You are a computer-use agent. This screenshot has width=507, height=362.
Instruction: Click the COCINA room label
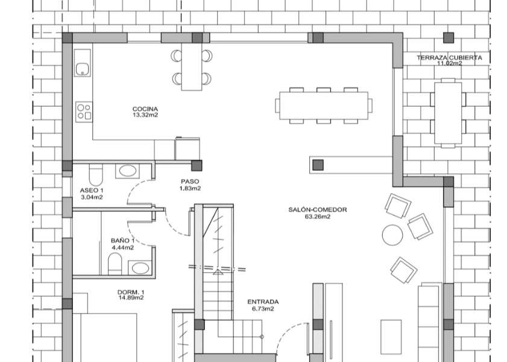click(145, 109)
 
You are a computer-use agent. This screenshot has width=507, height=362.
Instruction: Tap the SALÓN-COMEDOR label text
click(318, 210)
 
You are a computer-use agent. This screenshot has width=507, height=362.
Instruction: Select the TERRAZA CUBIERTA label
click(449, 58)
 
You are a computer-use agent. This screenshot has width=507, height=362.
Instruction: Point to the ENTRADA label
click(263, 302)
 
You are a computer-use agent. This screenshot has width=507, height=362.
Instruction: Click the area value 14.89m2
click(131, 297)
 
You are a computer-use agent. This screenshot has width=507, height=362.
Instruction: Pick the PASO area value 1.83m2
click(190, 188)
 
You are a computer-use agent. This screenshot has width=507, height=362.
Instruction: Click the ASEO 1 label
click(92, 191)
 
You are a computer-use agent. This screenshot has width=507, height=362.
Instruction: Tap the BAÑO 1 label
click(122, 240)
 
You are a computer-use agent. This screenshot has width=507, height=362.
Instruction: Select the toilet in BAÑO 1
click(114, 262)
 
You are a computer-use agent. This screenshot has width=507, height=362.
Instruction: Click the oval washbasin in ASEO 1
click(127, 171)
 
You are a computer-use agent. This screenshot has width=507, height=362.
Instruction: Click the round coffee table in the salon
click(392, 234)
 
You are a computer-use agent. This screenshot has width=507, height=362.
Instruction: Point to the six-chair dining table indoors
click(323, 106)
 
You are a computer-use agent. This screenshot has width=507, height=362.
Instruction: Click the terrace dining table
click(449, 112)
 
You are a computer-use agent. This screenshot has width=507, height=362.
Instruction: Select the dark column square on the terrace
click(448, 37)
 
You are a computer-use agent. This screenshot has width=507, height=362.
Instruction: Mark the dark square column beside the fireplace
click(318, 164)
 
